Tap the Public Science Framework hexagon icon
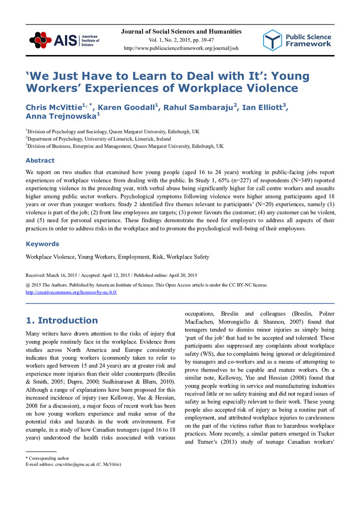click(x=272, y=40)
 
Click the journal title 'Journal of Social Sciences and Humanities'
click(x=181, y=32)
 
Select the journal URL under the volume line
click(x=181, y=48)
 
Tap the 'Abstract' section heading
click(x=40, y=160)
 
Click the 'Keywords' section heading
click(x=42, y=244)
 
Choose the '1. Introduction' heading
click(x=62, y=320)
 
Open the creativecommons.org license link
click(x=71, y=292)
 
